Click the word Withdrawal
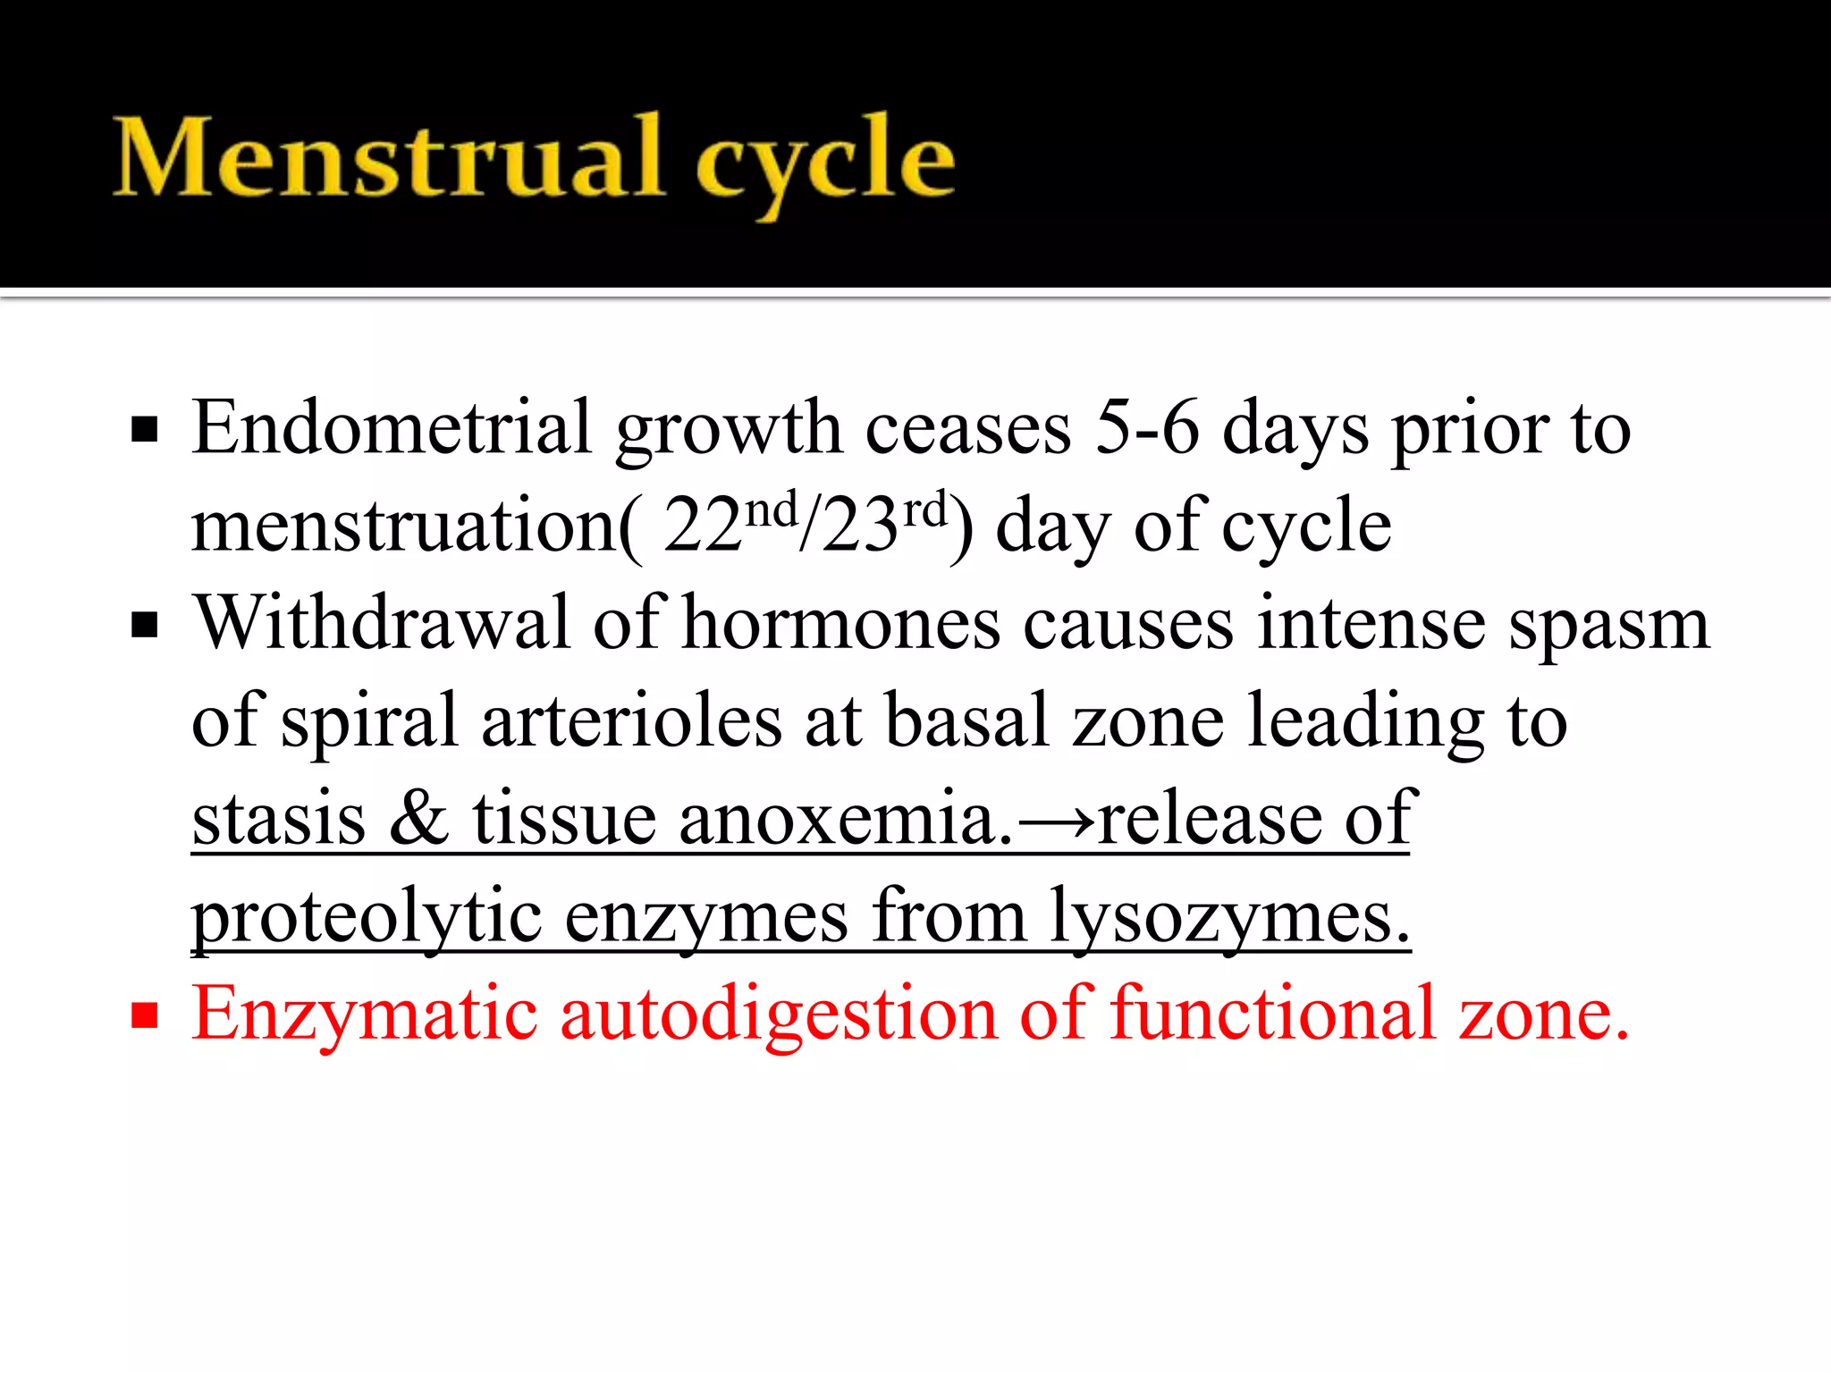(x=383, y=622)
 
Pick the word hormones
(x=840, y=624)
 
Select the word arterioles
(x=631, y=720)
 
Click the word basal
(x=966, y=720)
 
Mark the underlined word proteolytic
(x=367, y=917)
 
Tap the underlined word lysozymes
(x=1229, y=917)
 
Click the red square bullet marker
(x=144, y=1015)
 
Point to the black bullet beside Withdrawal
(x=144, y=625)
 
